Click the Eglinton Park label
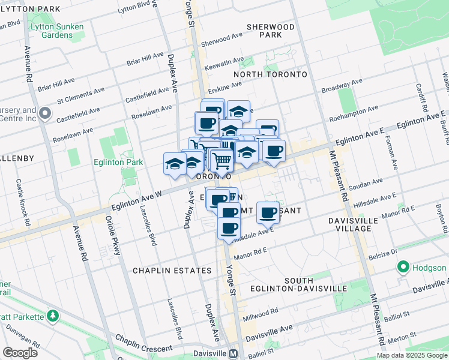(118, 162)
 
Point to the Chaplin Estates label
(172, 271)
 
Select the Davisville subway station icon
(232, 353)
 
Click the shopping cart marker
(222, 161)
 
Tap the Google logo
(20, 353)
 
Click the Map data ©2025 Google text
(411, 355)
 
